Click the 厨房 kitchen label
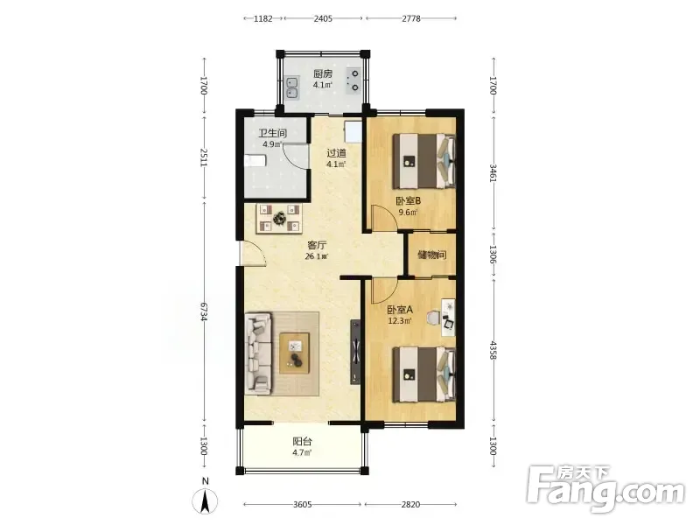pos(322,73)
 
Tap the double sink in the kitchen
pos(292,88)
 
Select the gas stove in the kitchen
pos(354,80)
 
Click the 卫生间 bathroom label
pos(272,133)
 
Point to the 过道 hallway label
pos(336,153)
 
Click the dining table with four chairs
pos(279,218)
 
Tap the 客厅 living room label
pos(317,245)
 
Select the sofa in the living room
pos(258,353)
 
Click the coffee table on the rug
pos(294,353)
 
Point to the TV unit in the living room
pos(355,352)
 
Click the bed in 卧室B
pos(424,161)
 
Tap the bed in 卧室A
pos(424,374)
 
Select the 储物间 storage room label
pos(431,255)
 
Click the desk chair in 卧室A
pos(432,318)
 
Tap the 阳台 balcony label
pos(302,442)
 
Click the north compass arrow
pos(205,500)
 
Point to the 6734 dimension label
pos(204,311)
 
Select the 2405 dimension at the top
pos(323,18)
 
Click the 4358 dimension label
pos(493,351)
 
